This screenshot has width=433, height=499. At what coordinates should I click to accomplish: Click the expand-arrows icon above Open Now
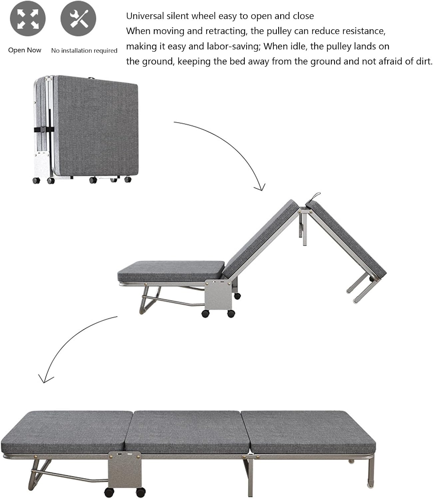(x=28, y=19)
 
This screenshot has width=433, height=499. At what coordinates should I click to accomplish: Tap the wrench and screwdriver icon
(x=78, y=19)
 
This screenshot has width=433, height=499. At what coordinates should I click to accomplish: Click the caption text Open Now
(x=25, y=50)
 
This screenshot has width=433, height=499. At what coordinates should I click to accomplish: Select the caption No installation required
(x=84, y=51)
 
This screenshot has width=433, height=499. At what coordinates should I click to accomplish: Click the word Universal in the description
(x=145, y=16)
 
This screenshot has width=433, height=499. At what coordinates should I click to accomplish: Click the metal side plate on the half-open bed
(x=218, y=293)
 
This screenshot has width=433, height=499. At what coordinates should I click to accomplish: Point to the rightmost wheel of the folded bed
(x=128, y=179)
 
